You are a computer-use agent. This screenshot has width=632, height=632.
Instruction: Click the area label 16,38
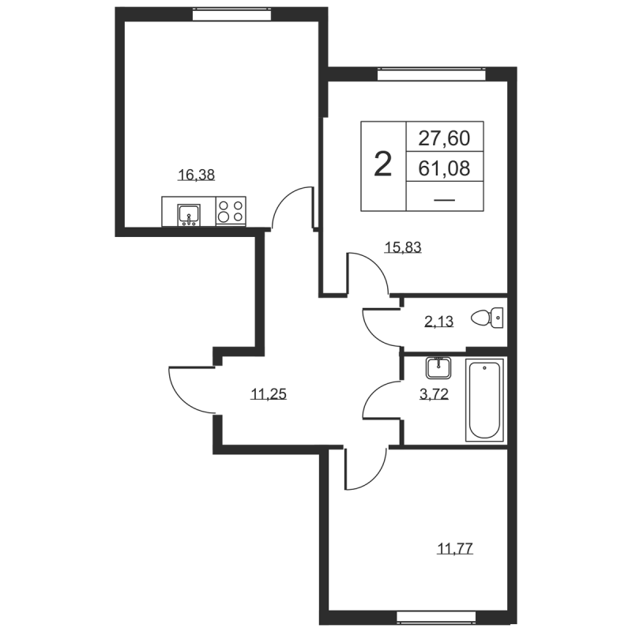196,175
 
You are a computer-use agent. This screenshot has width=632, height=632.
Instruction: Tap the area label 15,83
403,246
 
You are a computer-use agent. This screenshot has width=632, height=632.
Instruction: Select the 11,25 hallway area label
269,393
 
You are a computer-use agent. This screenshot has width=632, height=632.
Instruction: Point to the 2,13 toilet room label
439,322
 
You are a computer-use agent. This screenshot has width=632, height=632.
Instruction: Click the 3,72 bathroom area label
434,393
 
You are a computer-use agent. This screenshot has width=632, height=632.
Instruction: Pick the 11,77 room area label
455,548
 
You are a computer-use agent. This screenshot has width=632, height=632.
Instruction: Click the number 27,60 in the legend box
444,137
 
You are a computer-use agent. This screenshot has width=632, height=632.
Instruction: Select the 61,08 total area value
444,167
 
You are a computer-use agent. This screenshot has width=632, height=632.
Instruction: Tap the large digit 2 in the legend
383,164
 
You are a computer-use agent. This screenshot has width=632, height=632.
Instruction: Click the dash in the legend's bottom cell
445,200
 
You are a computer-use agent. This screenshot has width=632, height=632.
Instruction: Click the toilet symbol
487,318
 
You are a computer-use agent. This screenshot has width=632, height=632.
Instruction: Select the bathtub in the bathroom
484,400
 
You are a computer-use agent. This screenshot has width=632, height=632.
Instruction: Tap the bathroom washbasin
438,367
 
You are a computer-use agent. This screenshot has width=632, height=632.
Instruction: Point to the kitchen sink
189,214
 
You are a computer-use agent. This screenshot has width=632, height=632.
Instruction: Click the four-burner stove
231,211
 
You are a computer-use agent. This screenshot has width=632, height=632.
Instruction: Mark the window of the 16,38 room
231,15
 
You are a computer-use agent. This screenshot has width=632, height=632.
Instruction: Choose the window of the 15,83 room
431,74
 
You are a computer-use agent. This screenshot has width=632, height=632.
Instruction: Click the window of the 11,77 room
436,617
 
